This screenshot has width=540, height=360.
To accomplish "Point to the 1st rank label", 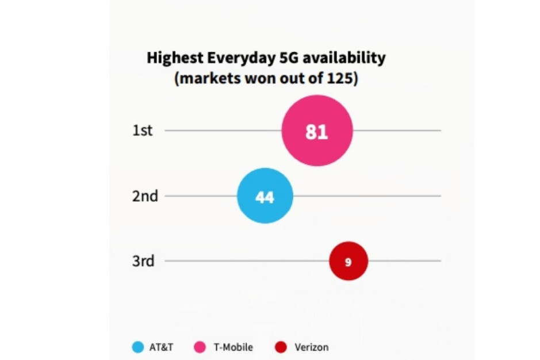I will [x=143, y=131].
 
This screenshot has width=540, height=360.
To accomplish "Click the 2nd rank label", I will [x=145, y=196].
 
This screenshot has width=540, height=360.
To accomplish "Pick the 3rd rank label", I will [x=143, y=261].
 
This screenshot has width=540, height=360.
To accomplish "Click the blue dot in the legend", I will [x=137, y=347].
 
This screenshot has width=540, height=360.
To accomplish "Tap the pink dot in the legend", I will [x=200, y=347].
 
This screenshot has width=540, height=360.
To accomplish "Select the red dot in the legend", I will [x=281, y=347].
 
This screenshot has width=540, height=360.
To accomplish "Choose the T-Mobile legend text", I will [x=232, y=347].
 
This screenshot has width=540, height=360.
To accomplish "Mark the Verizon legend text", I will [x=311, y=347].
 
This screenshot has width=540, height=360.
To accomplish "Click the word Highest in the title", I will [x=171, y=58].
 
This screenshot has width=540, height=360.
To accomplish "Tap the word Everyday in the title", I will [x=230, y=58].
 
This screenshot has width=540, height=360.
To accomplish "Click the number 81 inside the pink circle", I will [x=317, y=132].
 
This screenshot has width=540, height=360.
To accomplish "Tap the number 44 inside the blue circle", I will [x=265, y=197].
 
